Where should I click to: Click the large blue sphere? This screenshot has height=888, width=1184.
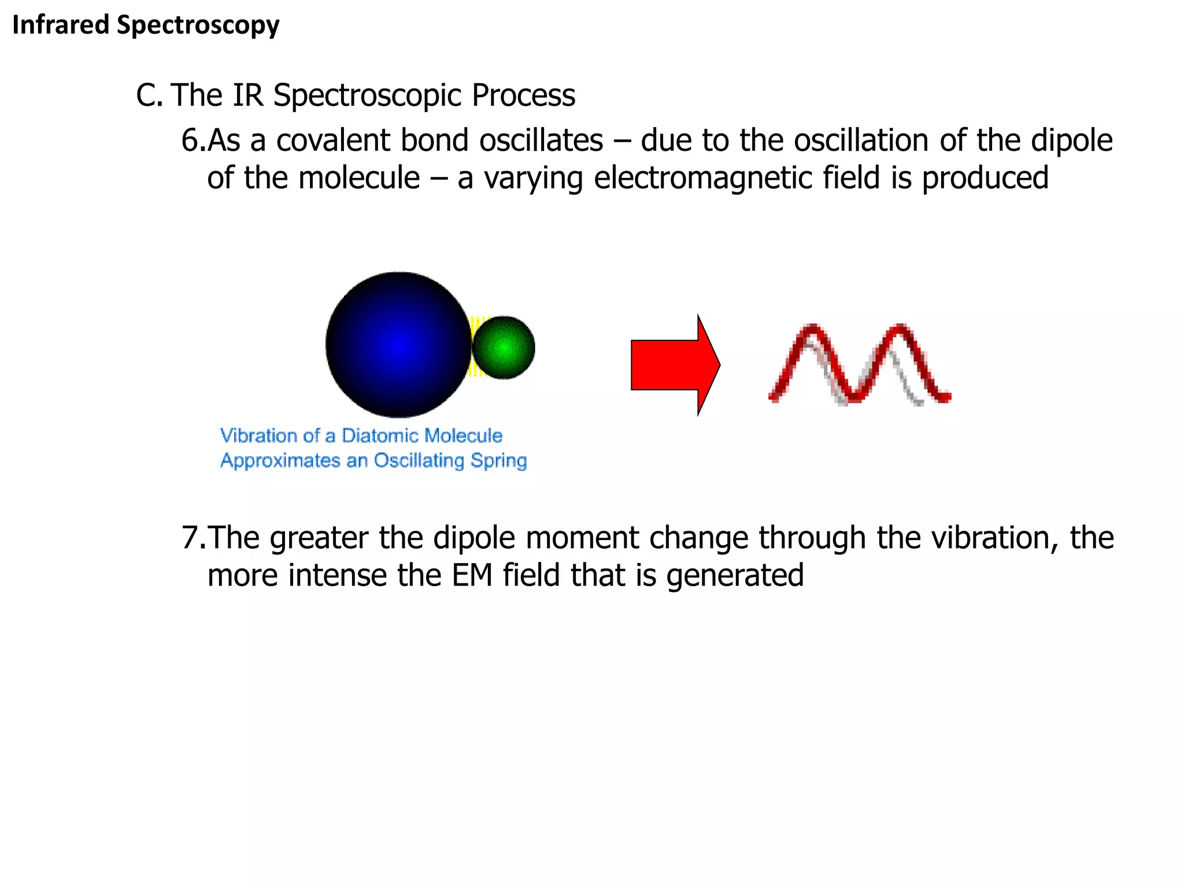(398, 345)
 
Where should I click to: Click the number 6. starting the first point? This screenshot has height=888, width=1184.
(193, 140)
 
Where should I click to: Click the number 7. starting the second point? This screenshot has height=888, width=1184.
(193, 538)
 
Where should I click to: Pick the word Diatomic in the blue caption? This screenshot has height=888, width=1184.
(376, 435)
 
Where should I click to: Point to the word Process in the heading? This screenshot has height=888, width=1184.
(523, 95)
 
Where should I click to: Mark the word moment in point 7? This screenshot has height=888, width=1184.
(582, 538)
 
